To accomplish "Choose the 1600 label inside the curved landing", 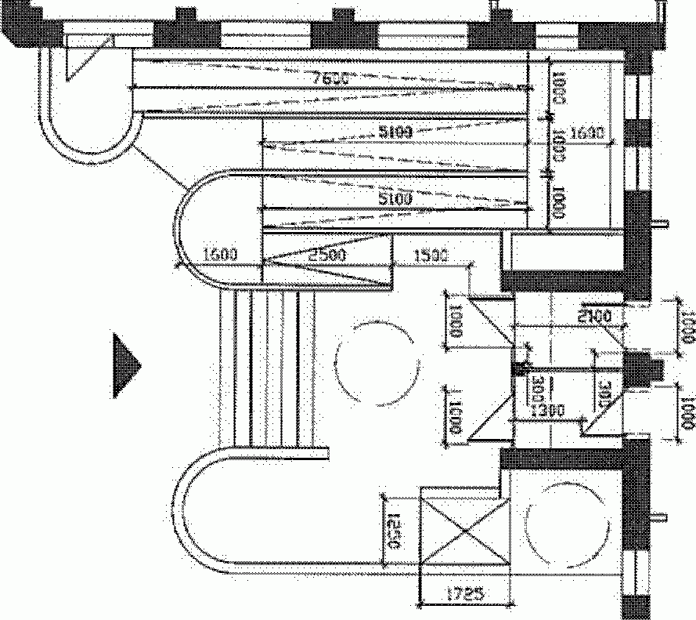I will tap(220, 254).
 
